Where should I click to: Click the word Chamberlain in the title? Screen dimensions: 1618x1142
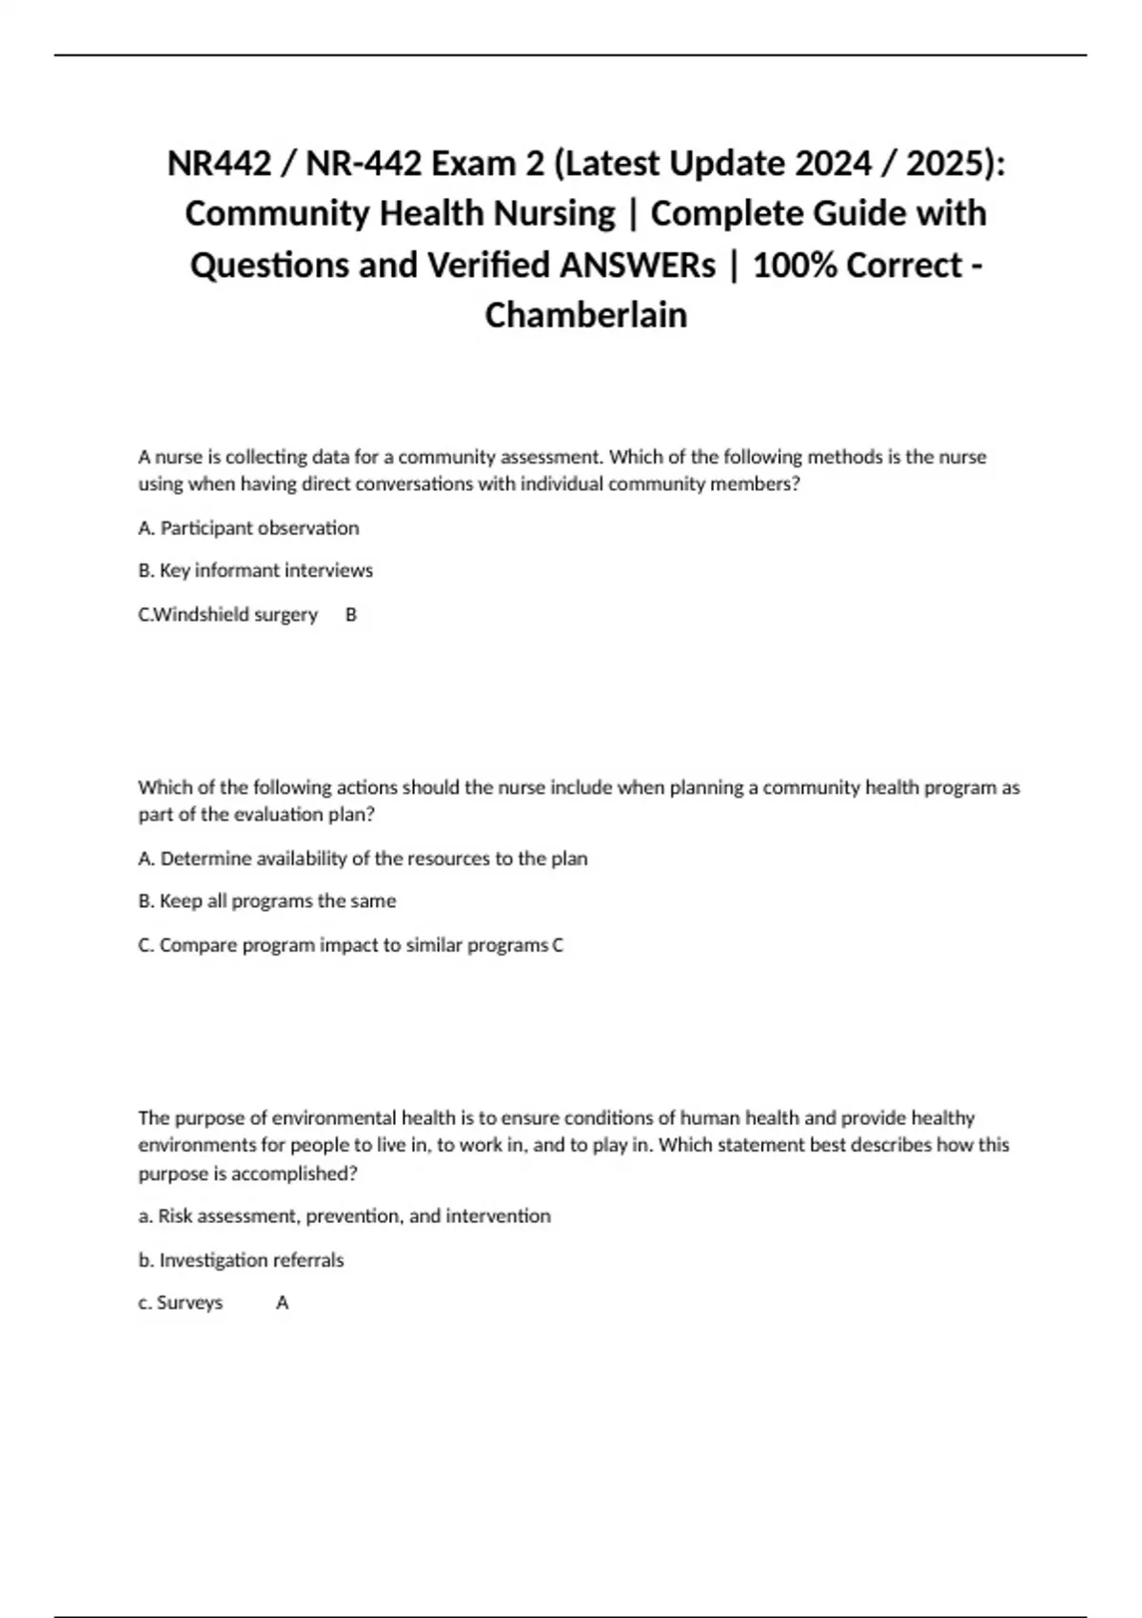pyautogui.click(x=585, y=315)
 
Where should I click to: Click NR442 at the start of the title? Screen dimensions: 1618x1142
pyautogui.click(x=219, y=164)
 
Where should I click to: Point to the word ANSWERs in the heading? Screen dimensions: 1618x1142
pyautogui.click(x=637, y=265)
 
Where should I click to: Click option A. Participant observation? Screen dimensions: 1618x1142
pyautogui.click(x=248, y=528)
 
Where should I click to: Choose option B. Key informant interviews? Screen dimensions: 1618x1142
pyautogui.click(x=255, y=571)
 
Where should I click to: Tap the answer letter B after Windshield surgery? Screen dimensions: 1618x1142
pyautogui.click(x=351, y=615)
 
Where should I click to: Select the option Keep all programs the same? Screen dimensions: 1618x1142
pyautogui.click(x=266, y=901)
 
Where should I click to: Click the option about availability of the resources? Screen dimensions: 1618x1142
pyautogui.click(x=363, y=858)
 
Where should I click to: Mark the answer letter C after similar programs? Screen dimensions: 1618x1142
pyautogui.click(x=558, y=945)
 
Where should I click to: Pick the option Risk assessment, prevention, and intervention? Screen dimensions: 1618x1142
pyautogui.click(x=345, y=1216)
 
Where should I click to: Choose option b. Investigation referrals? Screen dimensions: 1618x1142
pyautogui.click(x=241, y=1260)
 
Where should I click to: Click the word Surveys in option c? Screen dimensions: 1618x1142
pyautogui.click(x=189, y=1303)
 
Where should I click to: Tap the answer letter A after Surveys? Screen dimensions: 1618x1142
pyautogui.click(x=282, y=1303)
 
